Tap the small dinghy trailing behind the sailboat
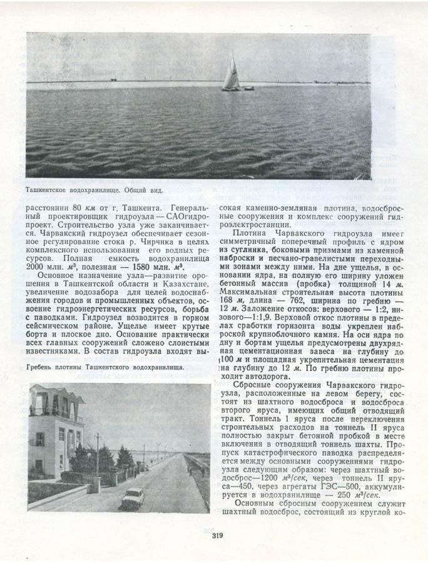point(248,88)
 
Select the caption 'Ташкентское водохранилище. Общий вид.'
point(98,188)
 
